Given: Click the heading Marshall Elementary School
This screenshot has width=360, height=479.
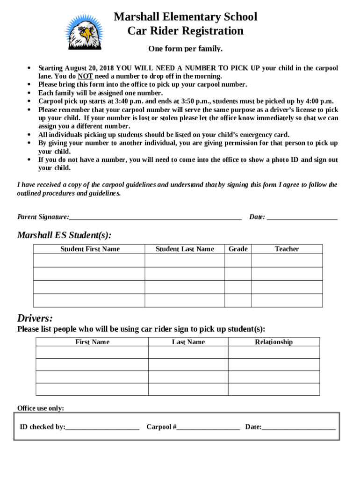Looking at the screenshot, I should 185,17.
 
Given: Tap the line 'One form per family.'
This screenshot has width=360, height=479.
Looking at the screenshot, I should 185,49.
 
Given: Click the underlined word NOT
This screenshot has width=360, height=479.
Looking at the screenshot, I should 85,76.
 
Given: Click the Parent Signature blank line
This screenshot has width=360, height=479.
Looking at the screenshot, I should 155,217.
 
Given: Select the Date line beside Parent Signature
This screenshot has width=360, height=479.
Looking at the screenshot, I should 302,217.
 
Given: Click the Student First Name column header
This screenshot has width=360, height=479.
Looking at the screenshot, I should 90,249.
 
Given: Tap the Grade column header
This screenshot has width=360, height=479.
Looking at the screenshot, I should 238,249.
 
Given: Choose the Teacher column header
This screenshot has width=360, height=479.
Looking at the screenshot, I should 287,249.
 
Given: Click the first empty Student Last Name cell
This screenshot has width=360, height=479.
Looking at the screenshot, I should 185,261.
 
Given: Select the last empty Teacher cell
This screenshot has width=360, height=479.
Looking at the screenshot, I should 287,300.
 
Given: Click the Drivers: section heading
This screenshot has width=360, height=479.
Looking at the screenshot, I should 35,318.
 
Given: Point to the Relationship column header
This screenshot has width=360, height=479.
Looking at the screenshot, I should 274,342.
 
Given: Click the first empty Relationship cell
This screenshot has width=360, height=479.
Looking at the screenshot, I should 274,352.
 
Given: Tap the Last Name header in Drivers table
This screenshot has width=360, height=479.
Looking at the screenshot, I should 188,342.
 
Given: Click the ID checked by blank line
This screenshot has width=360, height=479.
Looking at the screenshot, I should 102,427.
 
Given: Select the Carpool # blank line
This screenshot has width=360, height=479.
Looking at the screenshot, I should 208,427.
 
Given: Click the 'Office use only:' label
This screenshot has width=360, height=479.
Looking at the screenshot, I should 41,408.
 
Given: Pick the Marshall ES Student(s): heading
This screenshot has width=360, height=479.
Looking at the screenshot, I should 65,235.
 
